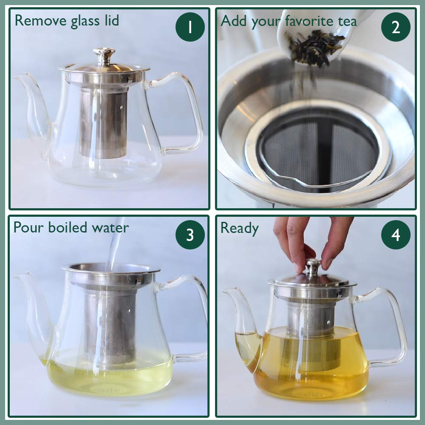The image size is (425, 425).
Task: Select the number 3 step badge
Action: coord(190,235)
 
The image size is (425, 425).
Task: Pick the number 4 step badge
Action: coord(396,235)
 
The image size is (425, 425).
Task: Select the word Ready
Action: coord(239,228)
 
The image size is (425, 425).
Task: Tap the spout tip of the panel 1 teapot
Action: coord(20,77)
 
